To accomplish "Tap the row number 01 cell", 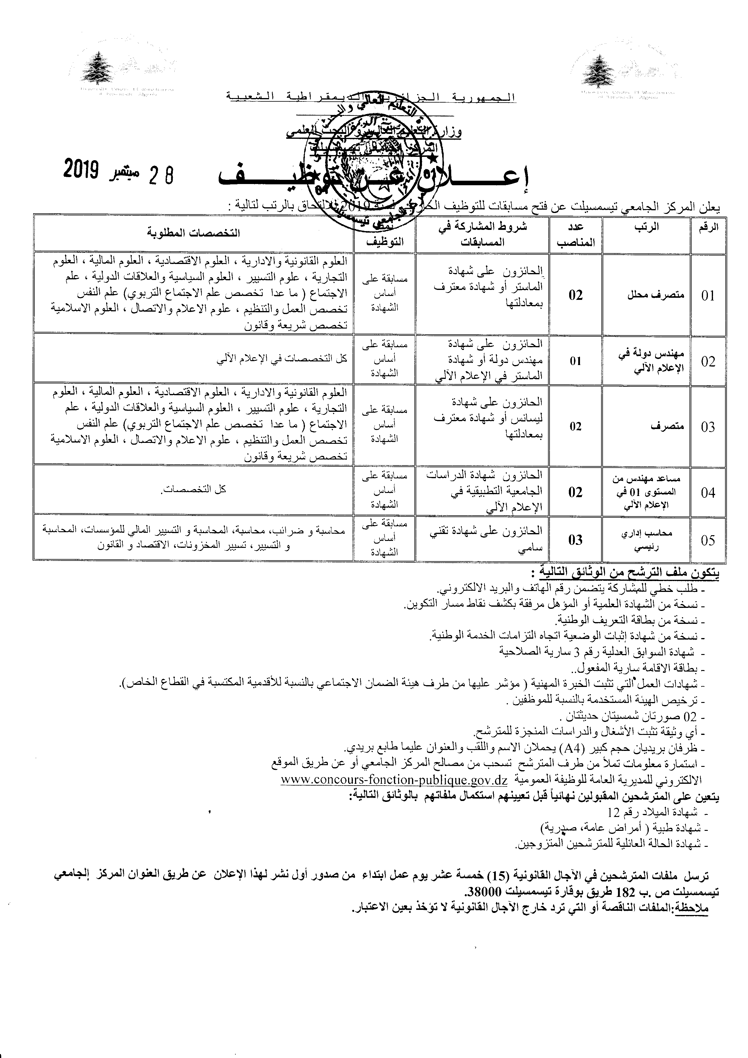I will point(708,295).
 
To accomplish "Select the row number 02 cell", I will point(708,361).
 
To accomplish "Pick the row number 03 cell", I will point(708,427).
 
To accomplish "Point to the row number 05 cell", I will point(708,540).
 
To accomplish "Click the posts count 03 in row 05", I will point(575,540).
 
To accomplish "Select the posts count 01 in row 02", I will point(575,361).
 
